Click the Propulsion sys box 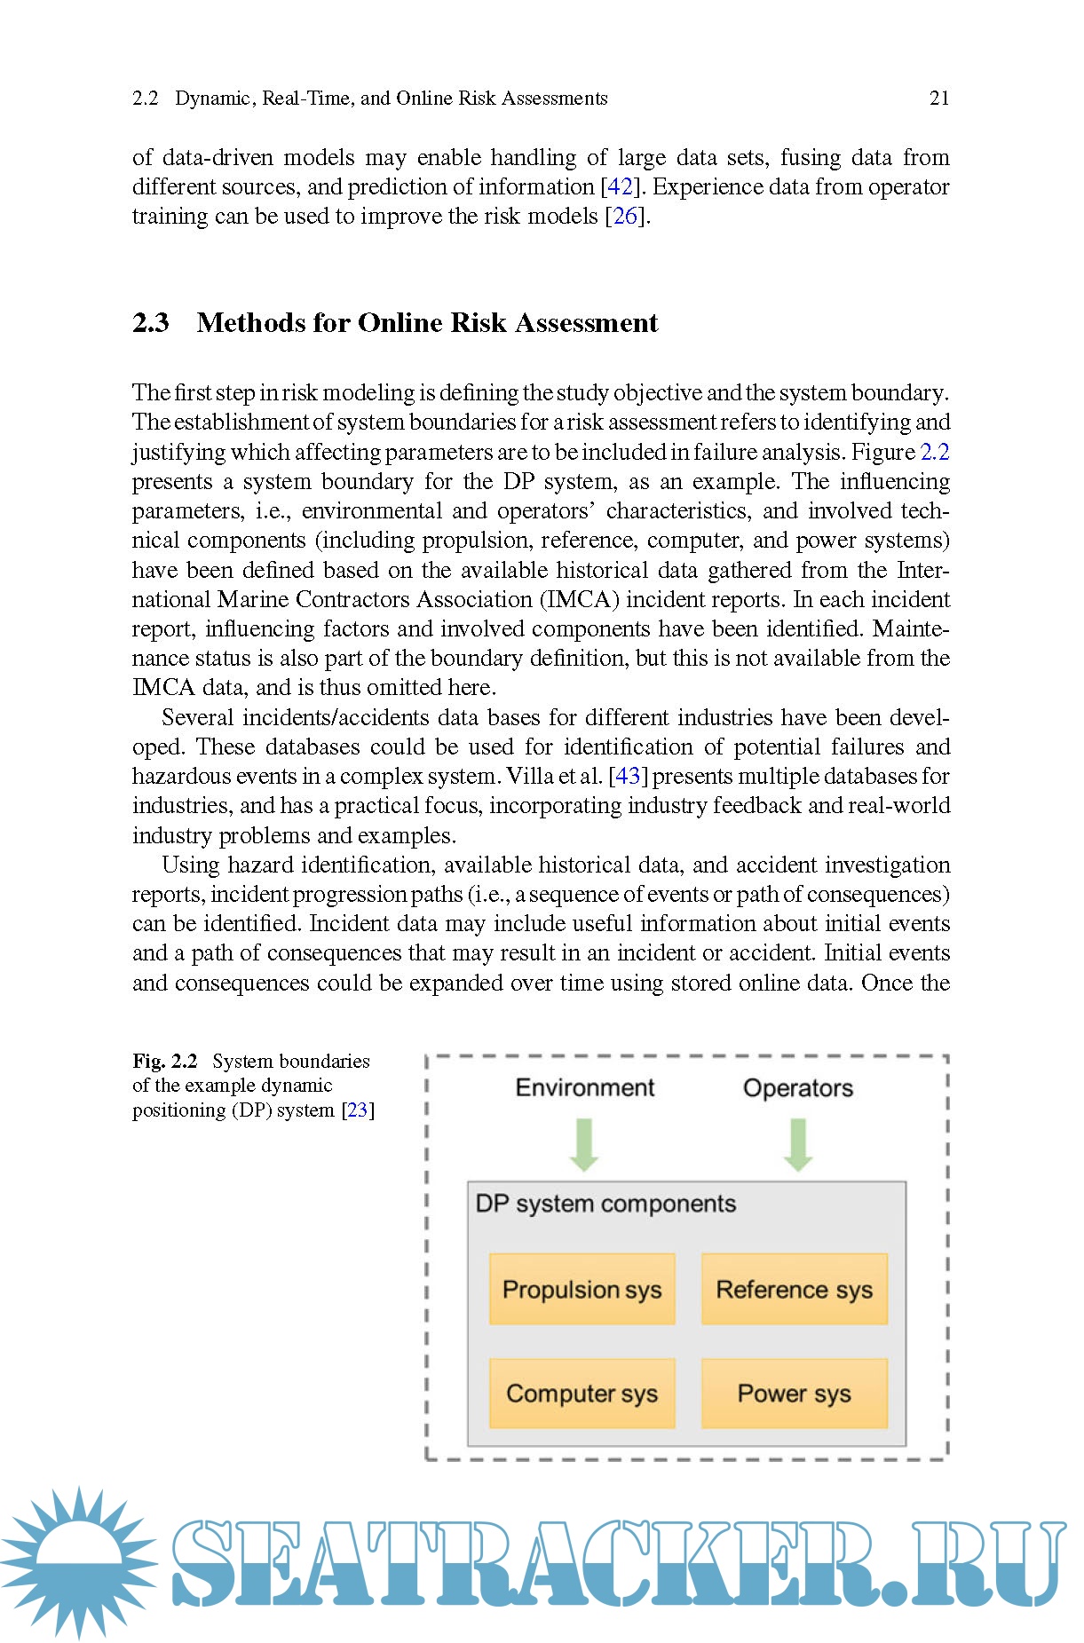(x=582, y=1289)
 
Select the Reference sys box (x=794, y=1289)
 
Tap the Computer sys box (x=582, y=1393)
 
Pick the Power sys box (x=794, y=1393)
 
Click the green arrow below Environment (x=584, y=1144)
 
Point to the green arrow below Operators (x=797, y=1144)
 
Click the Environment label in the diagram (x=584, y=1087)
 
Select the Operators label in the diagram (x=797, y=1087)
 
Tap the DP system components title (x=605, y=1204)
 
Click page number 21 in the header (x=939, y=99)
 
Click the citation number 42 (x=620, y=186)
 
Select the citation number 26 (x=626, y=216)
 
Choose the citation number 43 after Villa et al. (x=628, y=776)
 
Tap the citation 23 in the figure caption (x=358, y=1110)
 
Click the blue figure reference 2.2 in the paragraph (x=935, y=452)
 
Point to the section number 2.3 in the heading (x=151, y=322)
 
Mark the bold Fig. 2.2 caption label (x=165, y=1061)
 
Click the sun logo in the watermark (x=78, y=1562)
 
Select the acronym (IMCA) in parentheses (x=579, y=599)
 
